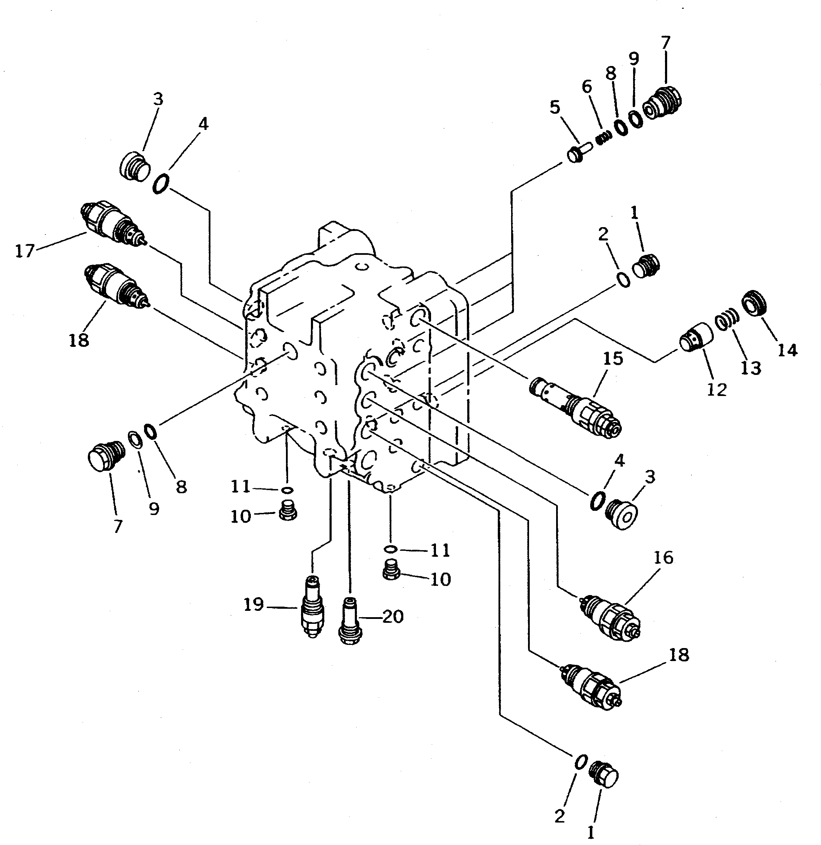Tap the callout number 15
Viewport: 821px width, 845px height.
(x=613, y=358)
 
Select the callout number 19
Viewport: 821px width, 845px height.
(x=254, y=605)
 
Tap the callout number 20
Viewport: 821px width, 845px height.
(x=393, y=616)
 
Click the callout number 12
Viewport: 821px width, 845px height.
(x=717, y=390)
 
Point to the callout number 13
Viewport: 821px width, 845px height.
(x=751, y=368)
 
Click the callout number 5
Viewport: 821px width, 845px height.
(x=555, y=107)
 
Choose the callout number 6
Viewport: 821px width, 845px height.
(x=587, y=87)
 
